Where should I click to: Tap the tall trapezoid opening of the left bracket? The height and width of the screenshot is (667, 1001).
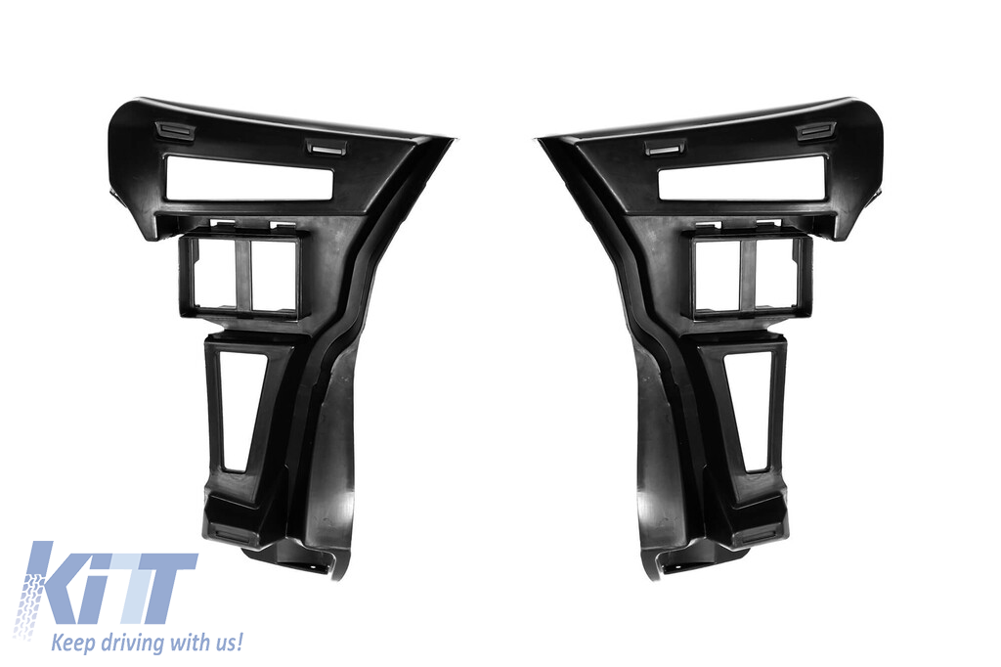[240, 412]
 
